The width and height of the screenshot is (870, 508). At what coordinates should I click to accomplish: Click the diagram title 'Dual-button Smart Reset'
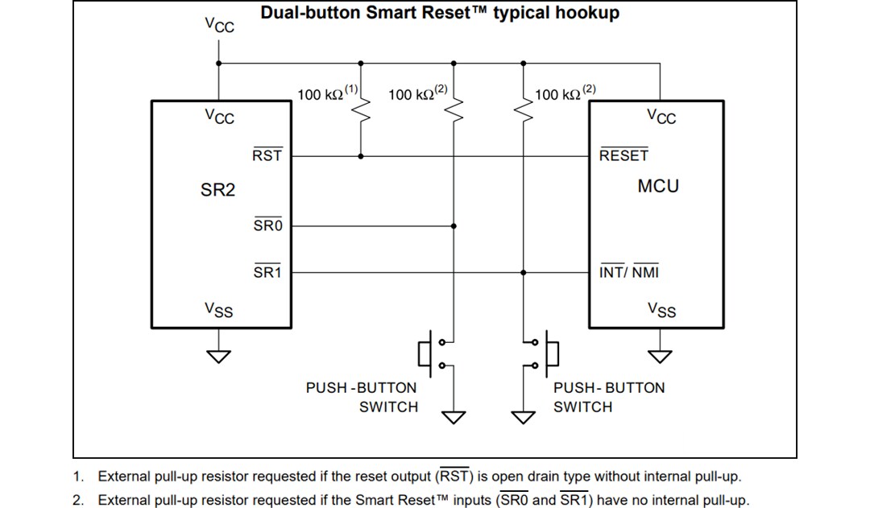pos(440,14)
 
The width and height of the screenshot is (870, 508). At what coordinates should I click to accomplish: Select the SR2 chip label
pos(217,190)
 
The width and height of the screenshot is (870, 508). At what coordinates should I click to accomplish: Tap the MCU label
pos(658,186)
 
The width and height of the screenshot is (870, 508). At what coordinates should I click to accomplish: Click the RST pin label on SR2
pos(267,155)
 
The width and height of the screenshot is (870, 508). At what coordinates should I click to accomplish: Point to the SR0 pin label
pos(267,226)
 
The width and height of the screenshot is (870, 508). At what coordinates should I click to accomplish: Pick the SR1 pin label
pos(267,272)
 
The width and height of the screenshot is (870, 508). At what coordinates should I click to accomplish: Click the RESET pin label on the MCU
pos(623,155)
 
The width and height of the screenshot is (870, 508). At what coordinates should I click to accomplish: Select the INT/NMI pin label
pos(629,272)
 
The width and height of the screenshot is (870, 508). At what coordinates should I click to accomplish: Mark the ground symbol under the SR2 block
pos(218,356)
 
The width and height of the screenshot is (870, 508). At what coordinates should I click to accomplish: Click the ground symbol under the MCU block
pos(661,356)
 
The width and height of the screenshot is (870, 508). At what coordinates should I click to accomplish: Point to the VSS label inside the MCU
pos(661,310)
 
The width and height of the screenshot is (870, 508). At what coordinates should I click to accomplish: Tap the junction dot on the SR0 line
pos(454,226)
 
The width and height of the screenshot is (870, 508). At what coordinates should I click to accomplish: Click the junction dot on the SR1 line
pos(524,272)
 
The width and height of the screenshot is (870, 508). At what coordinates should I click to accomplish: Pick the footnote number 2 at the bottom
pos(77,500)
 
